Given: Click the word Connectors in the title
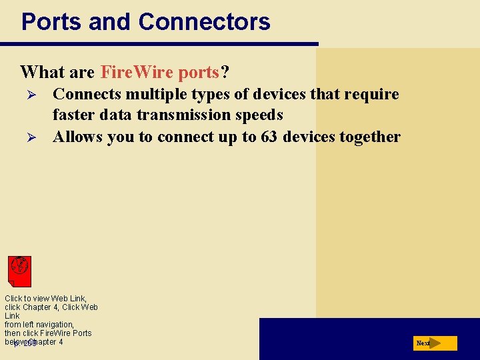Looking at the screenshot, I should pyautogui.click(x=204, y=22).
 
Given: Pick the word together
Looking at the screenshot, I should pyautogui.click(x=369, y=137).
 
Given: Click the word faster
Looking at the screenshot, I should pyautogui.click(x=78, y=115).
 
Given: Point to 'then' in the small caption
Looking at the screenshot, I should pyautogui.click(x=13, y=333).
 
